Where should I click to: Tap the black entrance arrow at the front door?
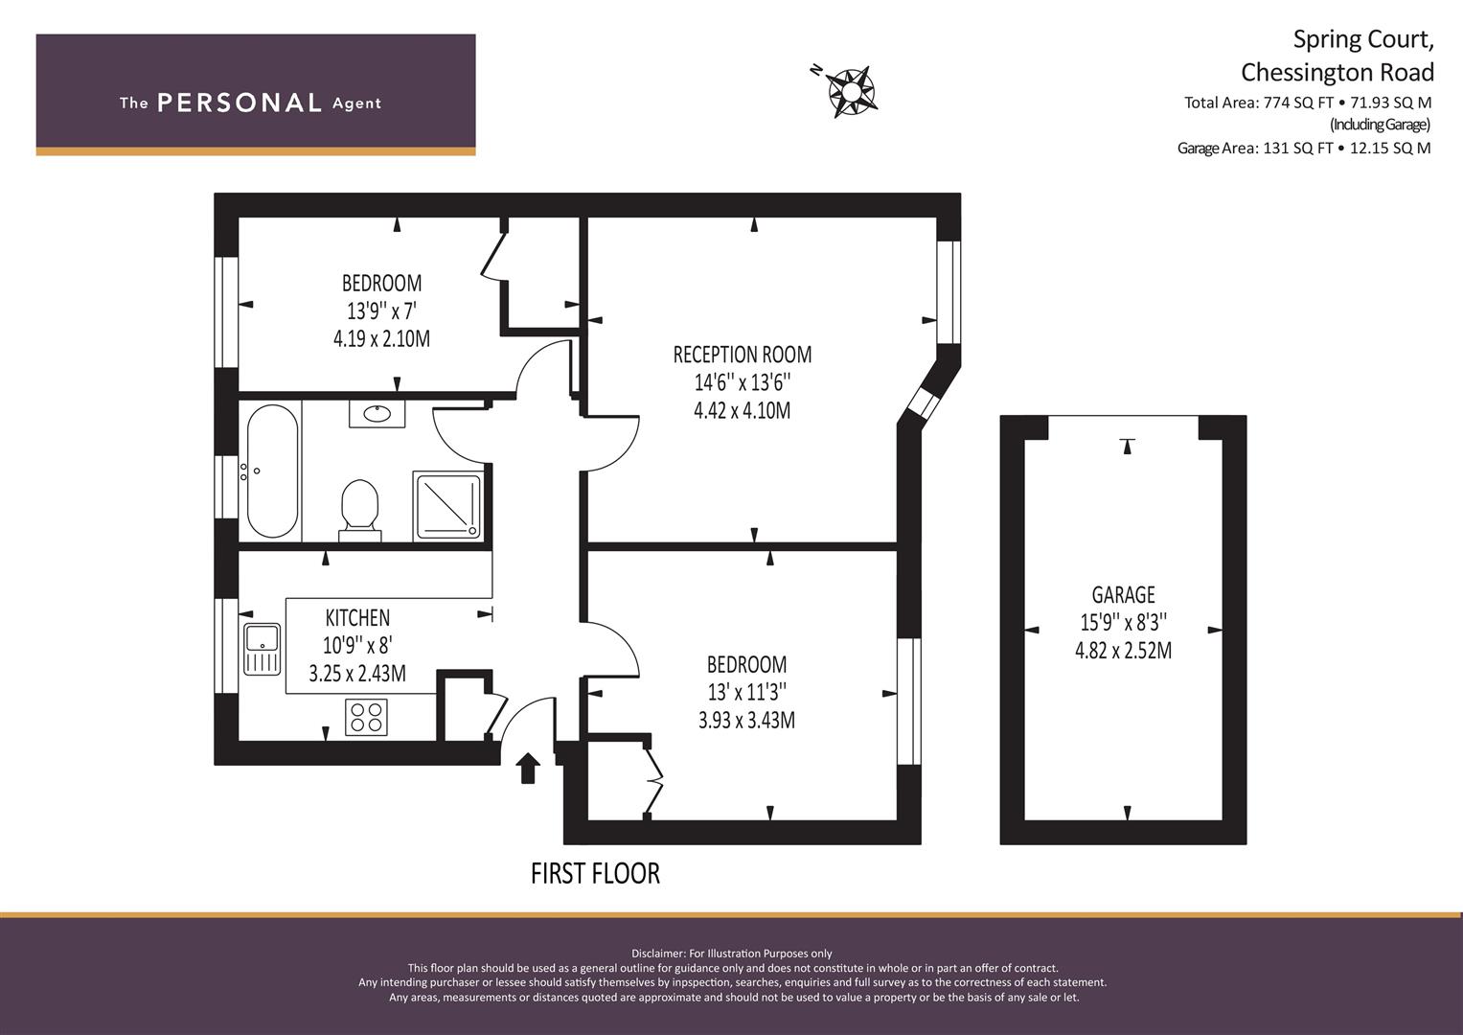click(528, 768)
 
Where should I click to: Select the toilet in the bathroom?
click(360, 510)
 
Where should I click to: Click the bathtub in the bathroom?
click(272, 471)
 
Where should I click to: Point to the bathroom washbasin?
click(377, 414)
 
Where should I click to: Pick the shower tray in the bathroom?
click(448, 506)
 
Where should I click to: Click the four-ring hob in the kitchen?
click(366, 717)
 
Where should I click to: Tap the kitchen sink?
click(263, 649)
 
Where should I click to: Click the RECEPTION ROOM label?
click(743, 355)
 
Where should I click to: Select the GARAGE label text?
click(1124, 594)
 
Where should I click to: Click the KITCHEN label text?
click(357, 617)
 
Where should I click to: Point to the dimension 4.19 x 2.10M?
click(381, 338)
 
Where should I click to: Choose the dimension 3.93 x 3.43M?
click(746, 720)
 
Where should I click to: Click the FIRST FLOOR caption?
click(595, 874)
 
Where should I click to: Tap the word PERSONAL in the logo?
click(240, 103)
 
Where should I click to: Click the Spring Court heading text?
click(1363, 40)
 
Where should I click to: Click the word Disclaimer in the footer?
click(657, 954)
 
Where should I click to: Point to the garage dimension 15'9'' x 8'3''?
click(1124, 622)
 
